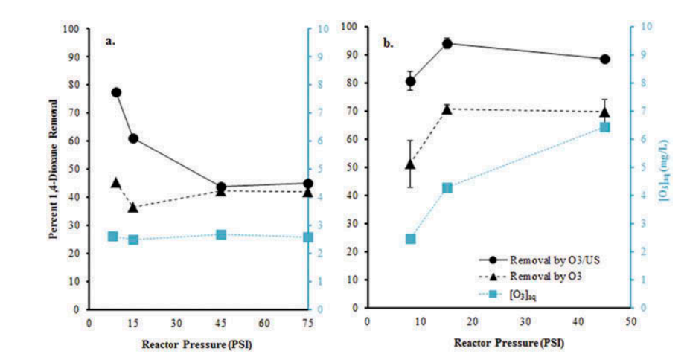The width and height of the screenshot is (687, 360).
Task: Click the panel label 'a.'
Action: (x=110, y=42)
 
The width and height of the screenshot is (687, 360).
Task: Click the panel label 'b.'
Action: (x=389, y=44)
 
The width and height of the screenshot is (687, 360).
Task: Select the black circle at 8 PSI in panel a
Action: (x=116, y=92)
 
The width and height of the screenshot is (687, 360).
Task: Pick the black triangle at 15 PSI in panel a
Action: (x=133, y=207)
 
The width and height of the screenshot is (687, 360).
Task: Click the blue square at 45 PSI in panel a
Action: (x=221, y=235)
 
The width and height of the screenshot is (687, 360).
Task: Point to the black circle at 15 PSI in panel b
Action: (x=447, y=44)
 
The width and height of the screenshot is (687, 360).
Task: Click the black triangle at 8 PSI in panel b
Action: (x=410, y=164)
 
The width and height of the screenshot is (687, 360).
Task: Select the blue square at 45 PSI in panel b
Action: (x=605, y=127)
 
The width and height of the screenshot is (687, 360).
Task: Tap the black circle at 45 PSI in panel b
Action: (x=605, y=60)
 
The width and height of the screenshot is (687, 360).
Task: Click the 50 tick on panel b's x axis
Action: (x=630, y=322)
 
